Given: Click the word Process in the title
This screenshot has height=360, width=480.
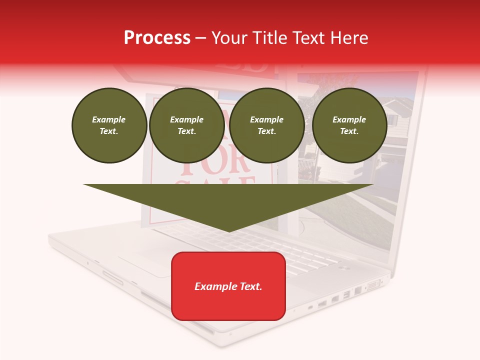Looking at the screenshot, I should pyautogui.click(x=157, y=38).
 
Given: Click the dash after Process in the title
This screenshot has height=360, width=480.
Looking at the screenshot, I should pyautogui.click(x=200, y=38).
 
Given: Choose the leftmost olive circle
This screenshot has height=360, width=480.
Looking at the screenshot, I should pyautogui.click(x=109, y=125).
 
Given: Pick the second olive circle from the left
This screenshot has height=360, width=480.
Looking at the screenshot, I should pyautogui.click(x=187, y=125).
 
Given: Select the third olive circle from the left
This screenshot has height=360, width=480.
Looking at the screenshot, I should pyautogui.click(x=267, y=125).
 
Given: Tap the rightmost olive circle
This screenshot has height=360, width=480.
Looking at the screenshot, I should pyautogui.click(x=349, y=125).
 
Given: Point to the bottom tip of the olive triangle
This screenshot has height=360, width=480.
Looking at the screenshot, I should pyautogui.click(x=229, y=230).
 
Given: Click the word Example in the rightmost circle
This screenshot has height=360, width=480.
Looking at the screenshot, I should pyautogui.click(x=349, y=119).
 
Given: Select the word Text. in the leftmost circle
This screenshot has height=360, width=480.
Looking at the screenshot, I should pyautogui.click(x=109, y=131).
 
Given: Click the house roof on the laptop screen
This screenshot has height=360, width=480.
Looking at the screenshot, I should pyautogui.click(x=395, y=107).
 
